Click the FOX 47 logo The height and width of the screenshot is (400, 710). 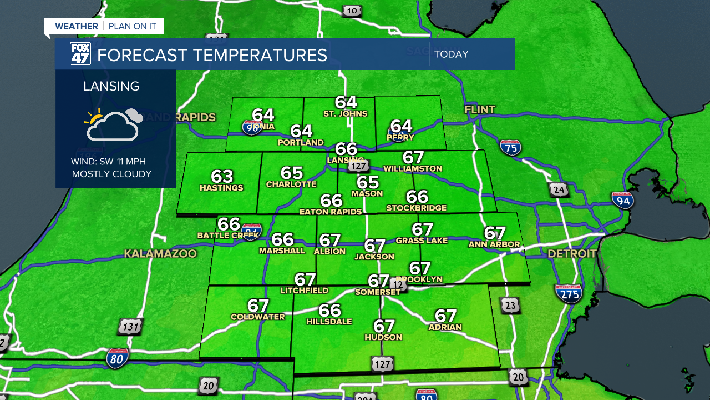80,54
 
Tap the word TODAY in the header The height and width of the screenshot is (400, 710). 452,54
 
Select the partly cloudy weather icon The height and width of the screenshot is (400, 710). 113,124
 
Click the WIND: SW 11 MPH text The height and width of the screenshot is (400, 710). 108,162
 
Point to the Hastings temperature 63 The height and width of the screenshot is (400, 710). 222,177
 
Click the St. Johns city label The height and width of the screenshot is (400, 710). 346,114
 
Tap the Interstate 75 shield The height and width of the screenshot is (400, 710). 510,147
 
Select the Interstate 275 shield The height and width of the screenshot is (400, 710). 569,293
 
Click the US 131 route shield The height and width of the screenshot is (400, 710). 130,327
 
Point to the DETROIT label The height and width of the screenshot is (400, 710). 572,254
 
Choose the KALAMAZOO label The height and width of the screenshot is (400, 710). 160,254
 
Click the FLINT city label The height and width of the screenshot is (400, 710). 480,109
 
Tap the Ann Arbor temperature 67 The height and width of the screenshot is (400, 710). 495,233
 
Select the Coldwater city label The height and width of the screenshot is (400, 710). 257,317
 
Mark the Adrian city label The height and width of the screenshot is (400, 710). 445,327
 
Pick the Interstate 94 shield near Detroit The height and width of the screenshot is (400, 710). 623,200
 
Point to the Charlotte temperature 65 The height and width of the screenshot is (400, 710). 291,173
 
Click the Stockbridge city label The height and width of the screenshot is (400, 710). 417,208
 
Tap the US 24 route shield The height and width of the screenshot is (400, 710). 559,190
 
